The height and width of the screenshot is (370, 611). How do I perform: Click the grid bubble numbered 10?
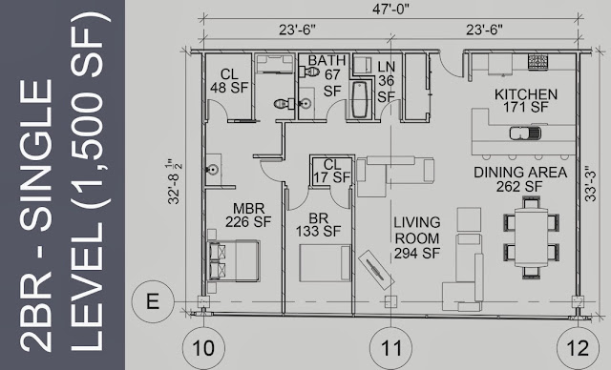(x=203, y=347)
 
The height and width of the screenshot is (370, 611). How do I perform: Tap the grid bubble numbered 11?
(x=390, y=347)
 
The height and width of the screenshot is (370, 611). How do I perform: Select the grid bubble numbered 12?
(x=578, y=347)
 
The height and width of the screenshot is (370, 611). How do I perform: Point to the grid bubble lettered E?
(x=153, y=301)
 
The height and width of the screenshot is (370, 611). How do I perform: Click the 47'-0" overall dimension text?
(x=390, y=10)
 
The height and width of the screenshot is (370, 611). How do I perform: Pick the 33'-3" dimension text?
(x=591, y=184)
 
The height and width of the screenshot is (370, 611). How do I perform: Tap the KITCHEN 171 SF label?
(x=526, y=100)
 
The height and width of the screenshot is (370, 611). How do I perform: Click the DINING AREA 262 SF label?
(x=520, y=179)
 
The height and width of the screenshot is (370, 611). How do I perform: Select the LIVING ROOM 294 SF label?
(x=417, y=237)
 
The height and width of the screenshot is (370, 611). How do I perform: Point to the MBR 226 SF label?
(x=248, y=215)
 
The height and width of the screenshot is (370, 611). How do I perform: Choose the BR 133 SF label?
(x=318, y=224)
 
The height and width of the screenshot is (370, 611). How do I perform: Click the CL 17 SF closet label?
(x=332, y=171)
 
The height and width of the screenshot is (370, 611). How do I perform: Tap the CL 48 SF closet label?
(x=229, y=81)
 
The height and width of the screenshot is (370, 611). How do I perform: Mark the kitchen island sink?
(x=525, y=133)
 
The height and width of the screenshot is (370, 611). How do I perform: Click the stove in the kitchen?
(x=537, y=60)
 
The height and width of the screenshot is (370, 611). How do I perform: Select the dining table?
(x=532, y=237)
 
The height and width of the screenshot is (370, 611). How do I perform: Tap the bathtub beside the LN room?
(x=360, y=99)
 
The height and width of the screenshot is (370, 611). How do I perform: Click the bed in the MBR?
(x=233, y=260)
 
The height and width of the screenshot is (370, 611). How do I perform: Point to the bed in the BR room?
(x=325, y=262)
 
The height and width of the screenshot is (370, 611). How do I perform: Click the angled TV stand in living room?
(x=375, y=269)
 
